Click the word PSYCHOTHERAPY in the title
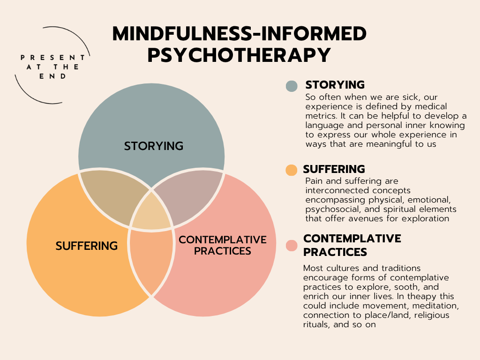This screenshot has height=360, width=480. [x=239, y=55]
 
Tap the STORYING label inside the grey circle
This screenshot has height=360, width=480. [x=153, y=146]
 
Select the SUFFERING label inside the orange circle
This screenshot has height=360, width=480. [x=86, y=246]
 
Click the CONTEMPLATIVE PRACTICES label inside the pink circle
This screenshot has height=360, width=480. [x=223, y=245]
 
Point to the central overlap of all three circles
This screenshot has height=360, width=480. [x=151, y=211]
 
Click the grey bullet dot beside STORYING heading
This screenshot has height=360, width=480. [x=292, y=86]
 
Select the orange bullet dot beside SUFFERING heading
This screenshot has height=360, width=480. [x=292, y=170]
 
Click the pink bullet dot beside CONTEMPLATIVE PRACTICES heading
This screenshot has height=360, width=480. [x=292, y=245]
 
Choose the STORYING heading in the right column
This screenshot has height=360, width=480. [x=335, y=85]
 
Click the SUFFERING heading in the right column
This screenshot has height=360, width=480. [x=334, y=169]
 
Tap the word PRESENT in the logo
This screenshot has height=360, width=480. [x=52, y=57]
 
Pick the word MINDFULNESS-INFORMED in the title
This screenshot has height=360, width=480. [x=239, y=34]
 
